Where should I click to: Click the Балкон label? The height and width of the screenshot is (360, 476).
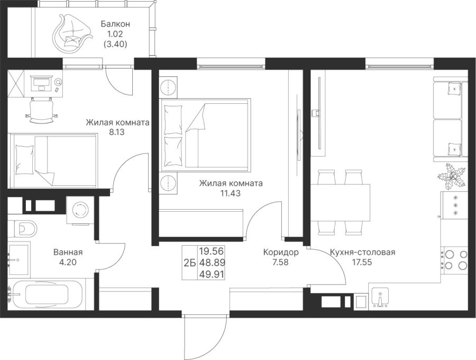point(115,24)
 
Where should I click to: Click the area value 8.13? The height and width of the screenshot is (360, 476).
point(117,132)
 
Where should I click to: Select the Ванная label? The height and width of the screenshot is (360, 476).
point(68,252)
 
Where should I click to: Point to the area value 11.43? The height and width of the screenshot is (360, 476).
point(231,193)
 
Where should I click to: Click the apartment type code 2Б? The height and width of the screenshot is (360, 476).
point(189,263)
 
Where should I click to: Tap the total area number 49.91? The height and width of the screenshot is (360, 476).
point(212,274)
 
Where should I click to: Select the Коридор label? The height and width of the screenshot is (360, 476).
point(281,252)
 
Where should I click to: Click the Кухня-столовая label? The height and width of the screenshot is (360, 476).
point(362,252)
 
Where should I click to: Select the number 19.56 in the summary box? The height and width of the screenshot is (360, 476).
point(212,251)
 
